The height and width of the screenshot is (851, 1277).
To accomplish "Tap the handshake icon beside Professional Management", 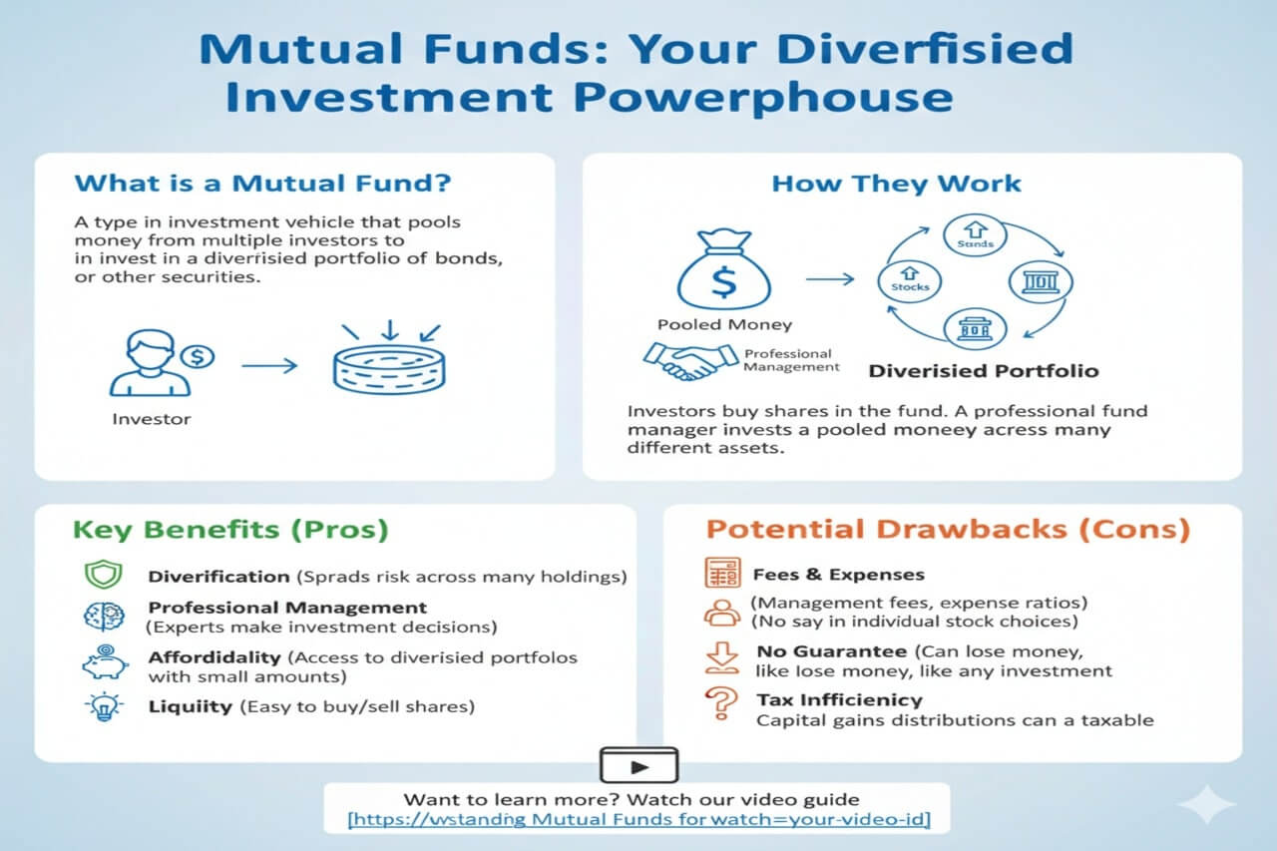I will click(x=685, y=361).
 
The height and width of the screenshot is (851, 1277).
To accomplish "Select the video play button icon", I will click(x=638, y=765).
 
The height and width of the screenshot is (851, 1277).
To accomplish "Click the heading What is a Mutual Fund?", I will click(x=262, y=184).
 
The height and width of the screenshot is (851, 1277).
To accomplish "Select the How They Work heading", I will click(x=896, y=184).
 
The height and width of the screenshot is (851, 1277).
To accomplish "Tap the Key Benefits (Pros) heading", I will click(x=231, y=529).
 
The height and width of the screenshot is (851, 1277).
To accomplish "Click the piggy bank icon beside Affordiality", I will click(x=103, y=661).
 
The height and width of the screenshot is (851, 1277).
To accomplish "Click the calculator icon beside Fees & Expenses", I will click(x=721, y=574).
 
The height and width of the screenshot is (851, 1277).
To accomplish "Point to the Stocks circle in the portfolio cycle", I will click(x=909, y=279).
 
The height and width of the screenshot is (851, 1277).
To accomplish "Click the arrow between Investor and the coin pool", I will click(x=269, y=366).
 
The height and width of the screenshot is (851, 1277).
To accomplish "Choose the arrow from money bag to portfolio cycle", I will click(x=829, y=280).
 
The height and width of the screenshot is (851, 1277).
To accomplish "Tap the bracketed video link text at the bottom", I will click(x=638, y=820).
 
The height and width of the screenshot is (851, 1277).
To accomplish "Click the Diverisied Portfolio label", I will click(x=983, y=371).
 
